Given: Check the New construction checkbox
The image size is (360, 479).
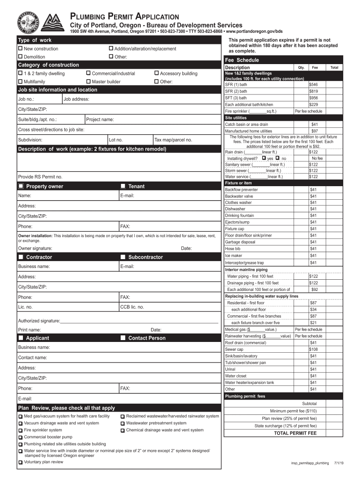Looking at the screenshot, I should (x=20, y=49).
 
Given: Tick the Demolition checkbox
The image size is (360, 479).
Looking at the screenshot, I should (x=20, y=57).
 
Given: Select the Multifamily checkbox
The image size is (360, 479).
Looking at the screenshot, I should (x=20, y=81).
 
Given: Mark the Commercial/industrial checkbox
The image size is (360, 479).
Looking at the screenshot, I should (x=88, y=73).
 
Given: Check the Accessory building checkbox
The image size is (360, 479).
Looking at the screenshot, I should (x=156, y=73).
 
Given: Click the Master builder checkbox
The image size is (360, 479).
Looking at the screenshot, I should (x=88, y=81).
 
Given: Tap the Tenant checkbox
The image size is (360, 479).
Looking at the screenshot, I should (x=123, y=186).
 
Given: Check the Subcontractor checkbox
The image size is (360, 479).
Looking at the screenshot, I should (x=123, y=257).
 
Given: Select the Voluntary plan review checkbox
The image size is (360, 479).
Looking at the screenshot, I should (x=20, y=462).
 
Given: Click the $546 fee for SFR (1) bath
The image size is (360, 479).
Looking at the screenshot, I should (x=313, y=85).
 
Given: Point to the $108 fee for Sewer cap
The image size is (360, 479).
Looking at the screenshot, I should (x=313, y=349).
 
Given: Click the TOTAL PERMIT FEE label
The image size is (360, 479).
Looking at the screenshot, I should (x=295, y=433).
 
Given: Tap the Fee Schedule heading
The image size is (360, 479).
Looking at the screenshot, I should (x=242, y=60).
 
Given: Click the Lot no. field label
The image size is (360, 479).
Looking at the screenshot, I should (x=115, y=140).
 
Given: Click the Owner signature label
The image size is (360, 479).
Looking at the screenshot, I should (x=35, y=248).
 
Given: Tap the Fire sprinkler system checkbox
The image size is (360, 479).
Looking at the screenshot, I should (x=20, y=430).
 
